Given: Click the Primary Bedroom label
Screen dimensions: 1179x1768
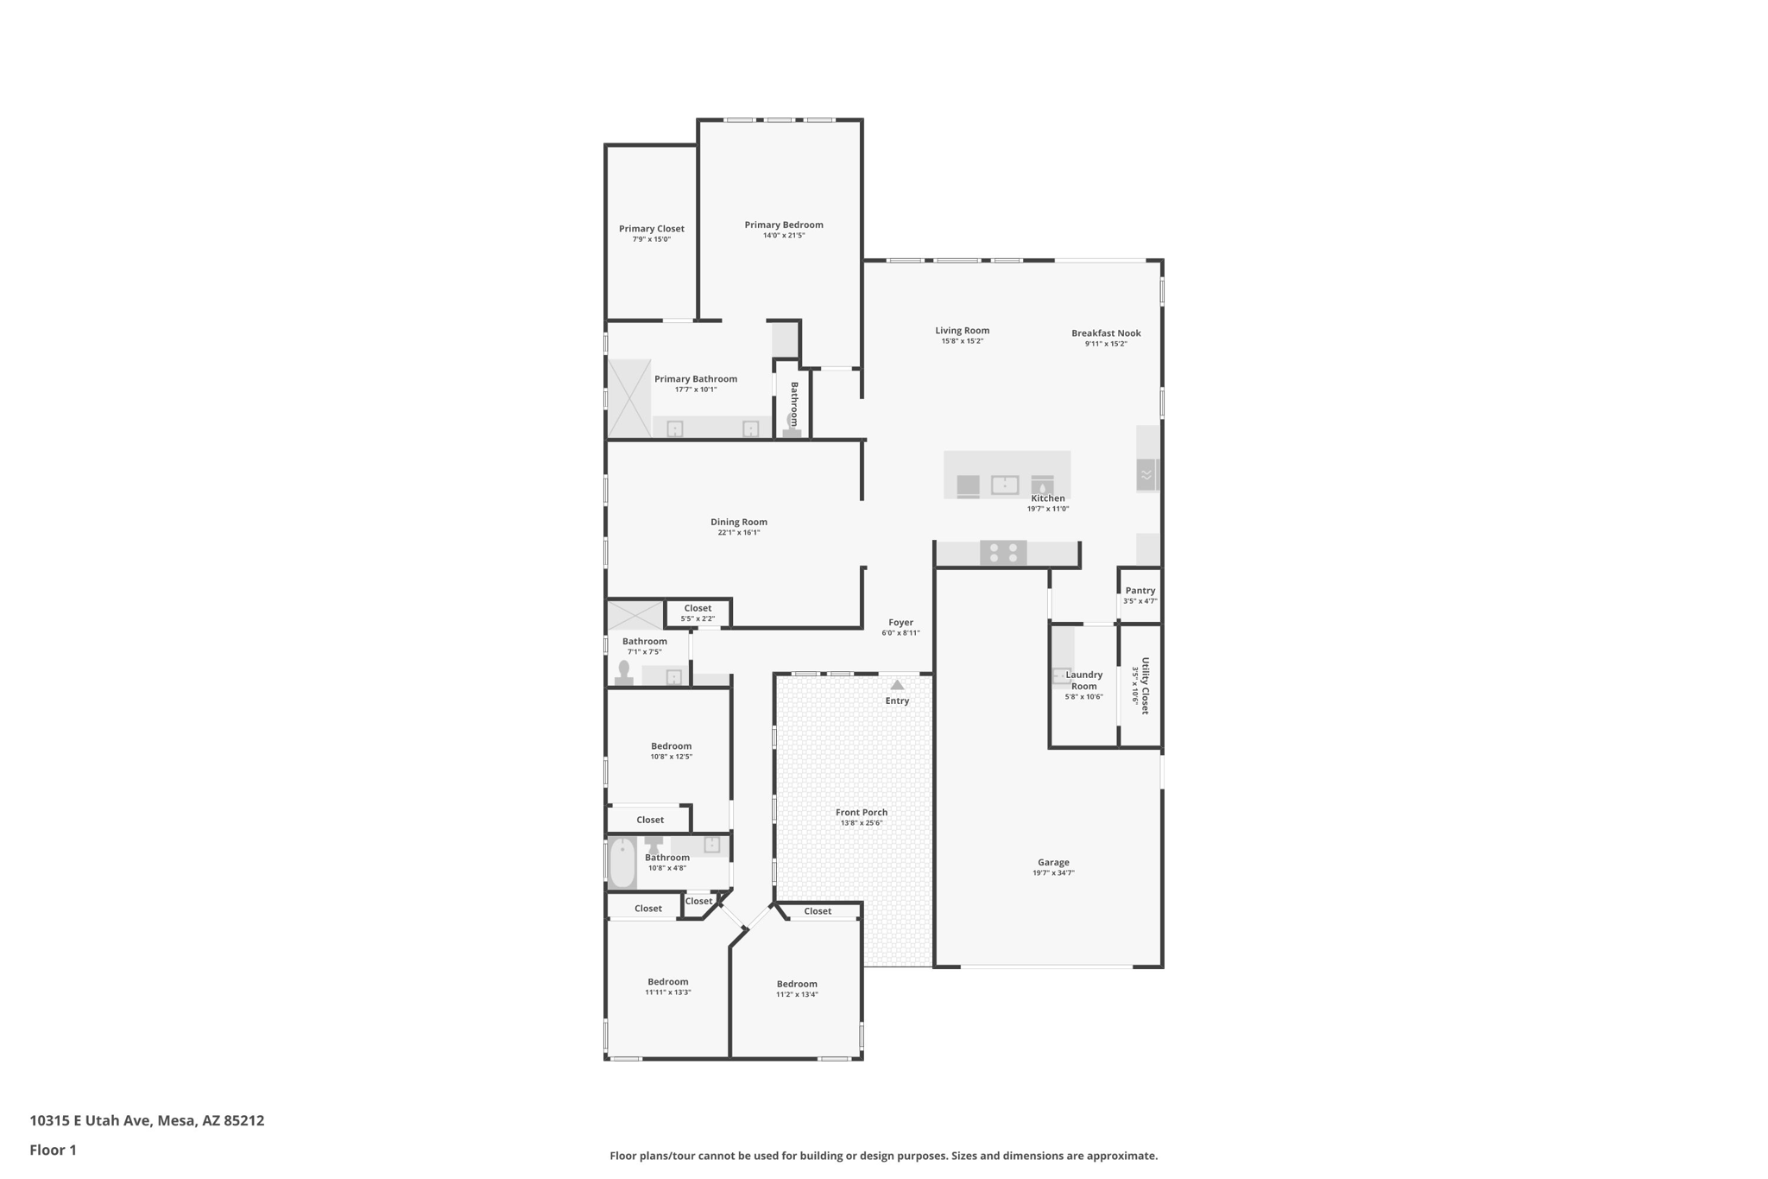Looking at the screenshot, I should click(x=784, y=225).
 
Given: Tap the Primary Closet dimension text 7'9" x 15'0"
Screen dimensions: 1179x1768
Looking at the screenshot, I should click(x=651, y=239).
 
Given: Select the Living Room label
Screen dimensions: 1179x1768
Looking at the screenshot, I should click(x=962, y=330).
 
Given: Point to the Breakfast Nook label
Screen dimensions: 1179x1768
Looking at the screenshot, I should click(x=1106, y=333).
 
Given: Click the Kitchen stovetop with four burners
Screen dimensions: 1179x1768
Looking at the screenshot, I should click(x=1003, y=552).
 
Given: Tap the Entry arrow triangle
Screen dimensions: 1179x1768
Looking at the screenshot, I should click(x=897, y=685).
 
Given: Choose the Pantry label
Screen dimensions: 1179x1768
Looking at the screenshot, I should click(x=1140, y=591).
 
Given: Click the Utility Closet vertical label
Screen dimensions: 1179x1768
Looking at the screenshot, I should click(x=1146, y=686).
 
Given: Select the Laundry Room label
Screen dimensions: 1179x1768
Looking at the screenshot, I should click(x=1083, y=681).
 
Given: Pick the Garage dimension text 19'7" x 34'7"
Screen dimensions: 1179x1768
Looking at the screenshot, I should click(x=1053, y=873).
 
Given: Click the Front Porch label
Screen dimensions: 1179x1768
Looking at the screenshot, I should click(x=861, y=812).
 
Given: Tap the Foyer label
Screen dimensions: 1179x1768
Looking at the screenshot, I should click(x=900, y=622).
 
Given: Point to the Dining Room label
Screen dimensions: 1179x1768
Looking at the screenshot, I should click(x=738, y=522).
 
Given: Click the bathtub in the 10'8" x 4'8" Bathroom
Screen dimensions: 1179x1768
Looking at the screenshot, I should click(x=622, y=862).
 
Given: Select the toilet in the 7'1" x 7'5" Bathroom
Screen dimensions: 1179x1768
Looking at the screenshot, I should click(x=623, y=672).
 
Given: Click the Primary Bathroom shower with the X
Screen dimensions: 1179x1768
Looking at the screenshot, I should click(x=629, y=398).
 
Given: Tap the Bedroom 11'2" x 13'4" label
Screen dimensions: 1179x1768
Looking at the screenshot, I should click(x=796, y=984).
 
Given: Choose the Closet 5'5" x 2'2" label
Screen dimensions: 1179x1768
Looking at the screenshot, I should click(x=698, y=608).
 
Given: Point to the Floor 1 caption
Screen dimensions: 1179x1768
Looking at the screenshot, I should click(x=53, y=1150).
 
